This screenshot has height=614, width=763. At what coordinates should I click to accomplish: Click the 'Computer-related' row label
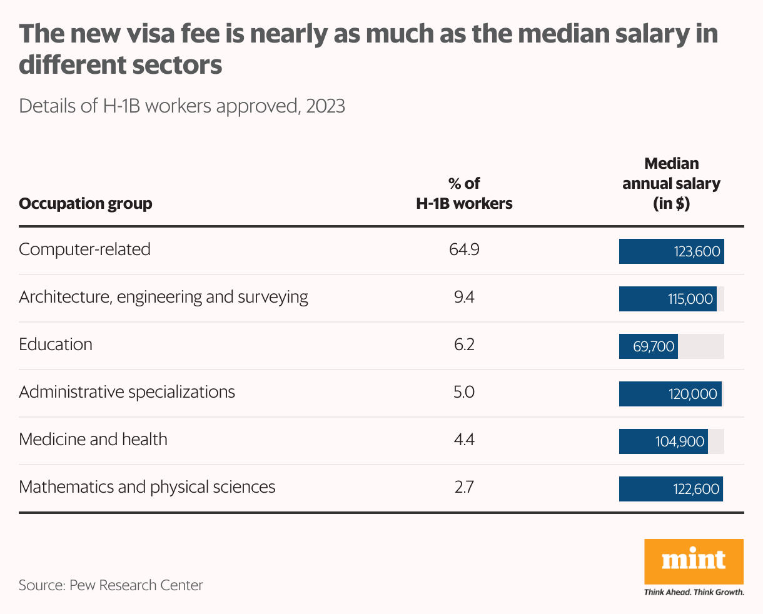pos(84,249)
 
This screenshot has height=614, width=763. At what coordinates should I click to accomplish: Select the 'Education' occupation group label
pos(56,345)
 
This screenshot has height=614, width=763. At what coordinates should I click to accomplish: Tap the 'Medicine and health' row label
pos(93,440)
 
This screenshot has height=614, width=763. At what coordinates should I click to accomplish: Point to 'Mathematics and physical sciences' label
pos(147,487)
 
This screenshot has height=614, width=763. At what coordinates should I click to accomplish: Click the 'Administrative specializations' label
pos(127,392)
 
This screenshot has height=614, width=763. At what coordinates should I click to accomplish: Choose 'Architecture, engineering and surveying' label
pos(163,297)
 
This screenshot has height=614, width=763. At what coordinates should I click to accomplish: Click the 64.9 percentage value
pos(464,249)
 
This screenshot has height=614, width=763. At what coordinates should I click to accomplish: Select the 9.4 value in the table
pos(464,297)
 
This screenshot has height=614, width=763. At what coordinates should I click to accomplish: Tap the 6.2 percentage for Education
pos(464,345)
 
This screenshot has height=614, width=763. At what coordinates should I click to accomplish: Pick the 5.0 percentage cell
pos(464,392)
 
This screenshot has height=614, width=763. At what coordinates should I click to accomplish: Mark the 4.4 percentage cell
pos(464,440)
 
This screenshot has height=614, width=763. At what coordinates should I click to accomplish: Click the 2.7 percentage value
pos(464,487)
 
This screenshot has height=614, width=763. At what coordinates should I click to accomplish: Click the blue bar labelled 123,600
pos(671,251)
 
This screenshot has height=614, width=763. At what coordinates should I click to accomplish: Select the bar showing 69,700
pos(648,346)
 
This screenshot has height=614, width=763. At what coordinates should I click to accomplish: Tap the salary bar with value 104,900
pos(663,441)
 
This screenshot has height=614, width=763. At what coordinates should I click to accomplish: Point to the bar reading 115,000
pos(667,299)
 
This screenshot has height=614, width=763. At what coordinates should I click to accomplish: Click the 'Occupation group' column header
pos(86,204)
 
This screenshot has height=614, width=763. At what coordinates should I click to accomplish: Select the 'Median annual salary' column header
pos(671,183)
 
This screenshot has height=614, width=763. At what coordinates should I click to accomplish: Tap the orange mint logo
pos(694,561)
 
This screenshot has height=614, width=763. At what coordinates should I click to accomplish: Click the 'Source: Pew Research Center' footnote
pos(111,585)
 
